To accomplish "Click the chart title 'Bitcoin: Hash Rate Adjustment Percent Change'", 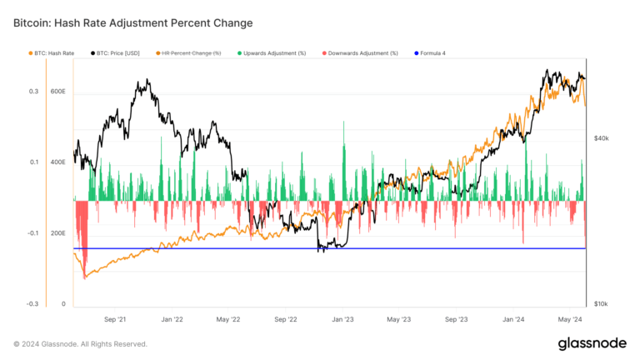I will click(x=133, y=22).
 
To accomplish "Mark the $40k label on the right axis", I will click(x=602, y=138).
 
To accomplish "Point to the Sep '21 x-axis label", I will click(x=115, y=318).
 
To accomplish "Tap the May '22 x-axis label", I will click(x=227, y=318).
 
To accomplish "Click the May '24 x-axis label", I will click(x=569, y=318).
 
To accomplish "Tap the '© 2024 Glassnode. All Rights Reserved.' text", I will click(x=80, y=343).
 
